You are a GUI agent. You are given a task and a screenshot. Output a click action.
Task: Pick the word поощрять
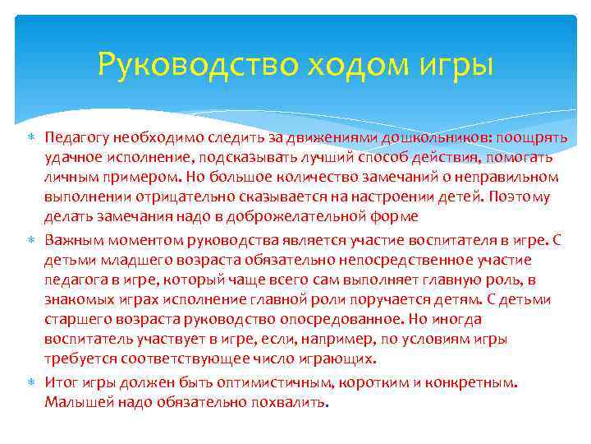534,137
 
